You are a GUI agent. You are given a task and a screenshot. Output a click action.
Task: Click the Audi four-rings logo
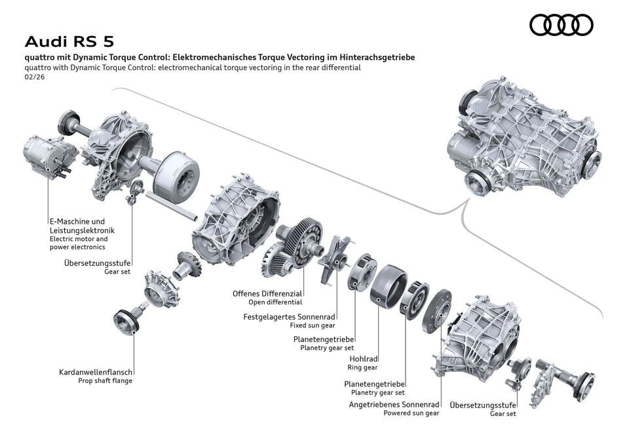(561, 25)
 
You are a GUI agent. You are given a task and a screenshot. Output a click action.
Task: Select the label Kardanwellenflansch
(96, 372)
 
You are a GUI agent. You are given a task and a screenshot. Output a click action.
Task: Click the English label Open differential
(275, 302)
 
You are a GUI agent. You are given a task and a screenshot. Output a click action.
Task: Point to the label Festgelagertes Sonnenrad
(289, 316)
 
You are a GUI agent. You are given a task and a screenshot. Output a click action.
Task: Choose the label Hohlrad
(363, 359)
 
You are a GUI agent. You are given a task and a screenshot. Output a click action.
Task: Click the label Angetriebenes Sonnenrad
(394, 405)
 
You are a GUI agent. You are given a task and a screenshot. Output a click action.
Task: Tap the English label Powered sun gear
(413, 413)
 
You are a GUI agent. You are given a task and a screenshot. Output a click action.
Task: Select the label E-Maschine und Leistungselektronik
(81, 226)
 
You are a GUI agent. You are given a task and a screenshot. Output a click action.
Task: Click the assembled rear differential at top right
(522, 141)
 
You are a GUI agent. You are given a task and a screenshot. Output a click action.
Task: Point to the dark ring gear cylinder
(387, 291)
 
